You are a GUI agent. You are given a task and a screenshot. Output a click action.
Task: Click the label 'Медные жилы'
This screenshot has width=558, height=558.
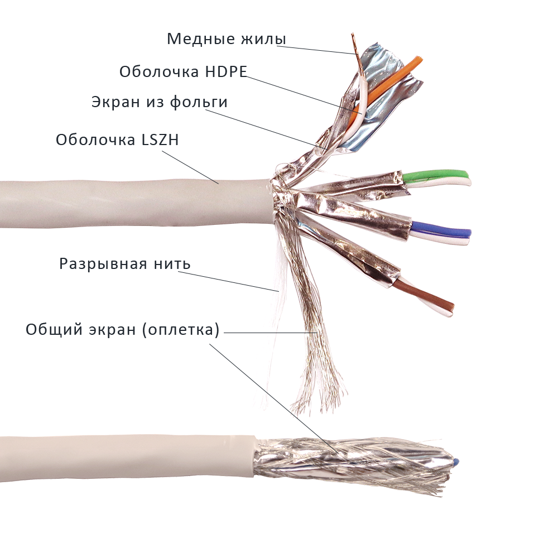[226, 40]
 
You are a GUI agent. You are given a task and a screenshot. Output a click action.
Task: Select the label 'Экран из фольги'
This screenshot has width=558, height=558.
[159, 103]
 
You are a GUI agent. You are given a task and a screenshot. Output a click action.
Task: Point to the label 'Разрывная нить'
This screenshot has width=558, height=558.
[125, 263]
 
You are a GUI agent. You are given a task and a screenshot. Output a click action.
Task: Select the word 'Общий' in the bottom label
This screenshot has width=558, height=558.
[52, 330]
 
